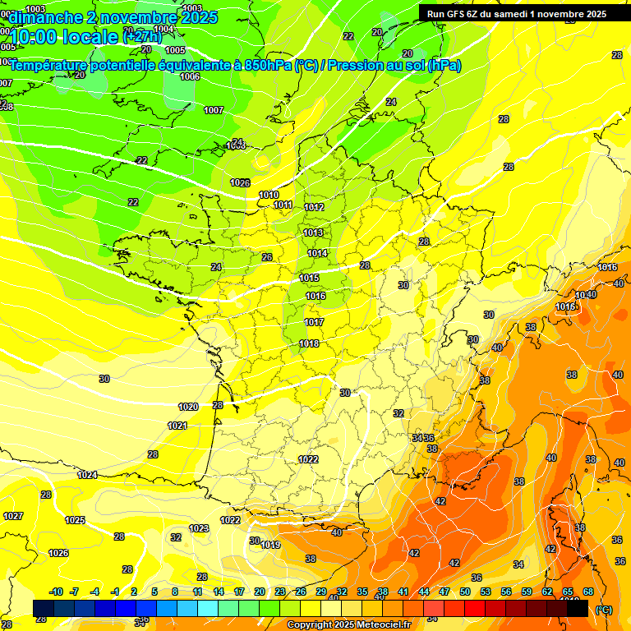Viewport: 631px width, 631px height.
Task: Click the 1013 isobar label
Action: click(x=313, y=233)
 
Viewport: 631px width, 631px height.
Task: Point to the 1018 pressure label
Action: click(x=309, y=343)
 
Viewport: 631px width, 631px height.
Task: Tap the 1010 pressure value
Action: click(x=269, y=195)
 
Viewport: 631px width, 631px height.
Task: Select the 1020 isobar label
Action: click(x=188, y=407)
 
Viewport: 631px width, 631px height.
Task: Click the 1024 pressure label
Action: click(x=87, y=475)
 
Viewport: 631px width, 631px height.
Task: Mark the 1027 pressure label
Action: click(x=12, y=516)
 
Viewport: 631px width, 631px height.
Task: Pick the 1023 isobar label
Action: click(x=199, y=528)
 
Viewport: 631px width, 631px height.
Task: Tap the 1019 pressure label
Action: click(x=271, y=545)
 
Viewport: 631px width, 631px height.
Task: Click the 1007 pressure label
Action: click(x=214, y=110)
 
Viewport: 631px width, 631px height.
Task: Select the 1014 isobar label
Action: click(x=317, y=253)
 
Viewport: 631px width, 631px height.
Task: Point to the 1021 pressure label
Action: click(x=177, y=426)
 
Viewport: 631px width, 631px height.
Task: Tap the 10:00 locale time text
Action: click(x=64, y=37)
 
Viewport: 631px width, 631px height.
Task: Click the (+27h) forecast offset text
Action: click(x=142, y=37)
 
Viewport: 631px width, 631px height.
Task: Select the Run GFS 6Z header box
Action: click(x=513, y=13)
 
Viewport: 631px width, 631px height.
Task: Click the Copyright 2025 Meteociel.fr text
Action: click(x=348, y=624)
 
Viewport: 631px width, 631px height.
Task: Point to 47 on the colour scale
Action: click(x=444, y=592)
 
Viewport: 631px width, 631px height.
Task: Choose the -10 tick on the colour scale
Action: click(x=56, y=592)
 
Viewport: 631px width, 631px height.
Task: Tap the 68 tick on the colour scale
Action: click(x=588, y=592)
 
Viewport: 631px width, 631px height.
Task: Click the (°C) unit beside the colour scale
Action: click(x=604, y=610)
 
